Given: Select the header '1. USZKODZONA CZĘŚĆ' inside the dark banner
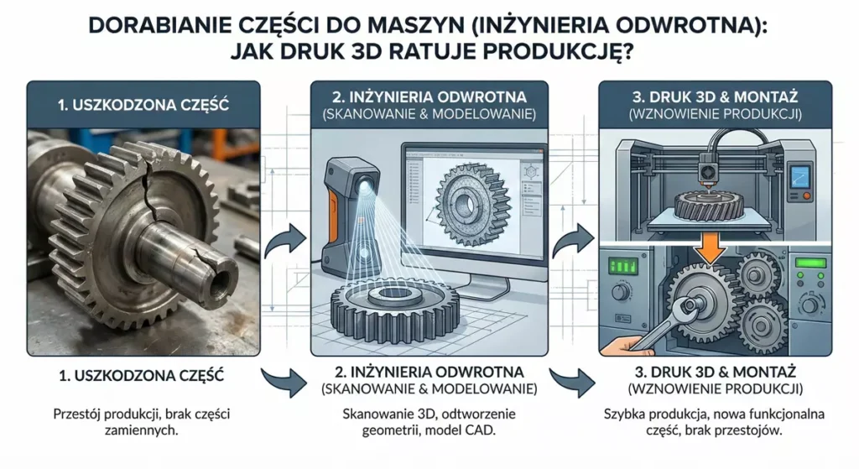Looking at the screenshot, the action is pos(143,105).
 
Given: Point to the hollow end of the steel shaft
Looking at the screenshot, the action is pos(221,278).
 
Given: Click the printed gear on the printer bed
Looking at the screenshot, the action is pos(708,205).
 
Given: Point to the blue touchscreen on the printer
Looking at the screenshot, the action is pos(800,176).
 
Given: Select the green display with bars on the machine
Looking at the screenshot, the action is pos(623,266).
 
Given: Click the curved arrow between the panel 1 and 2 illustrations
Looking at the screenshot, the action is pos(285,240).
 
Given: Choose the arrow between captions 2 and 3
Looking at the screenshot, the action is pos(572,382).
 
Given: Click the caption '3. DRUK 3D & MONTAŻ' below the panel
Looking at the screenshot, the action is pos(715,372).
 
